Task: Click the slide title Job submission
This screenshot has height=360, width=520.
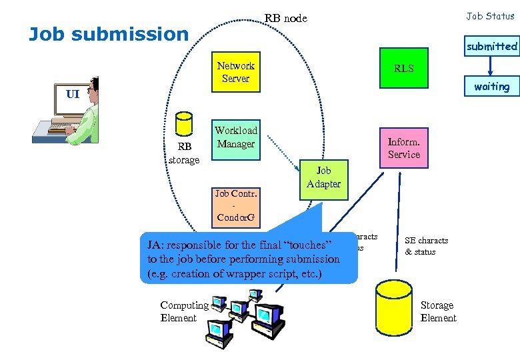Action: point(109,34)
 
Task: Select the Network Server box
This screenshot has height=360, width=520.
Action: point(235,72)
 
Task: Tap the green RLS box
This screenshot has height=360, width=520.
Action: point(403,68)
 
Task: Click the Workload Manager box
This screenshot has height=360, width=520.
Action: point(235,137)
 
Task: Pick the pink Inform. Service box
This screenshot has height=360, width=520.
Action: point(403,148)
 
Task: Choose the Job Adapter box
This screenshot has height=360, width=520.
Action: point(323,177)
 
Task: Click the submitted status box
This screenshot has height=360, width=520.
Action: point(491,46)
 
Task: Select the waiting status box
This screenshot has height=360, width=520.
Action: point(491,87)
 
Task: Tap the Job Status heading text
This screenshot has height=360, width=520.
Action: point(490,16)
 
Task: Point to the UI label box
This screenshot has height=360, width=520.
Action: point(72,94)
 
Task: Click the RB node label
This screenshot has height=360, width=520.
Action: point(285,18)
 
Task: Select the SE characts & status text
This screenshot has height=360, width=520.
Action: point(426,246)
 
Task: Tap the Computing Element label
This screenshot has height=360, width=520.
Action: point(184,311)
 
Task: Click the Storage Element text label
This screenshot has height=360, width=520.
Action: point(438,311)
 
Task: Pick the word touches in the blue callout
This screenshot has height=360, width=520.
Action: point(306,246)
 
